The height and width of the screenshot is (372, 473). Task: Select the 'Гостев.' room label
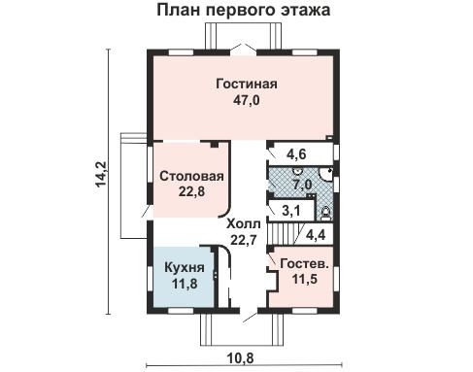[300, 264]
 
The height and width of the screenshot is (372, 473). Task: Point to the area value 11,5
[300, 280]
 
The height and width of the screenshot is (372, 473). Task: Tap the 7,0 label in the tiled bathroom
[301, 184]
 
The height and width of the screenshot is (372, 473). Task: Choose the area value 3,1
[290, 209]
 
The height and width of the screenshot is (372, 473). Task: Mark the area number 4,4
[316, 234]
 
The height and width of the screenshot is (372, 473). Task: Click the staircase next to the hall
[284, 233]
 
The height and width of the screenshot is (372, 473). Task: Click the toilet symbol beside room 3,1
[326, 208]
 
